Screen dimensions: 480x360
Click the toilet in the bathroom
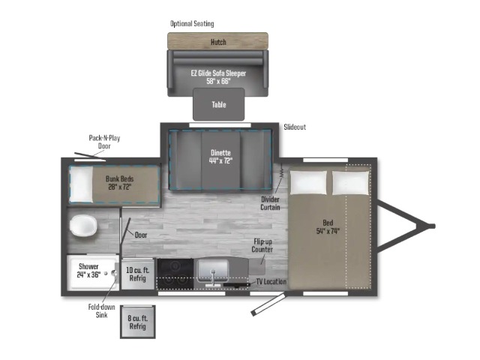click(83, 226)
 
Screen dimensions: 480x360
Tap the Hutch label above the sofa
click(218, 42)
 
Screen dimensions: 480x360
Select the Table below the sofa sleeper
click(218, 104)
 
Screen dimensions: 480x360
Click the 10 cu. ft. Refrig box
click(138, 274)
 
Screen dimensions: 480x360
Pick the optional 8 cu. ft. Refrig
click(138, 322)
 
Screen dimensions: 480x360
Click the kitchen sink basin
click(213, 271)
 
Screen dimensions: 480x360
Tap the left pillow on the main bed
click(308, 182)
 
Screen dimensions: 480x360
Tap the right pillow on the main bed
click(350, 182)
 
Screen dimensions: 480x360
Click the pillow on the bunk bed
click(82, 184)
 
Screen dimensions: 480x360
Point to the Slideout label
click(295, 127)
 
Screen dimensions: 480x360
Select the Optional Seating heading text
click(192, 23)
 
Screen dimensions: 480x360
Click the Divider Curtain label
click(270, 203)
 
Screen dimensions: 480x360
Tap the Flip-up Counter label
click(262, 245)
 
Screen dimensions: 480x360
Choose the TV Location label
click(271, 282)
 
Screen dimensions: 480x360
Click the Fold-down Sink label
click(102, 310)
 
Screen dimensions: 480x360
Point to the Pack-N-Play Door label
click(104, 142)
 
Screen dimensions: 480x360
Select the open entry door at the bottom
click(268, 304)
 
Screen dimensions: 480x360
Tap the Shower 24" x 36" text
click(88, 270)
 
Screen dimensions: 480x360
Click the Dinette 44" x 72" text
click(220, 157)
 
